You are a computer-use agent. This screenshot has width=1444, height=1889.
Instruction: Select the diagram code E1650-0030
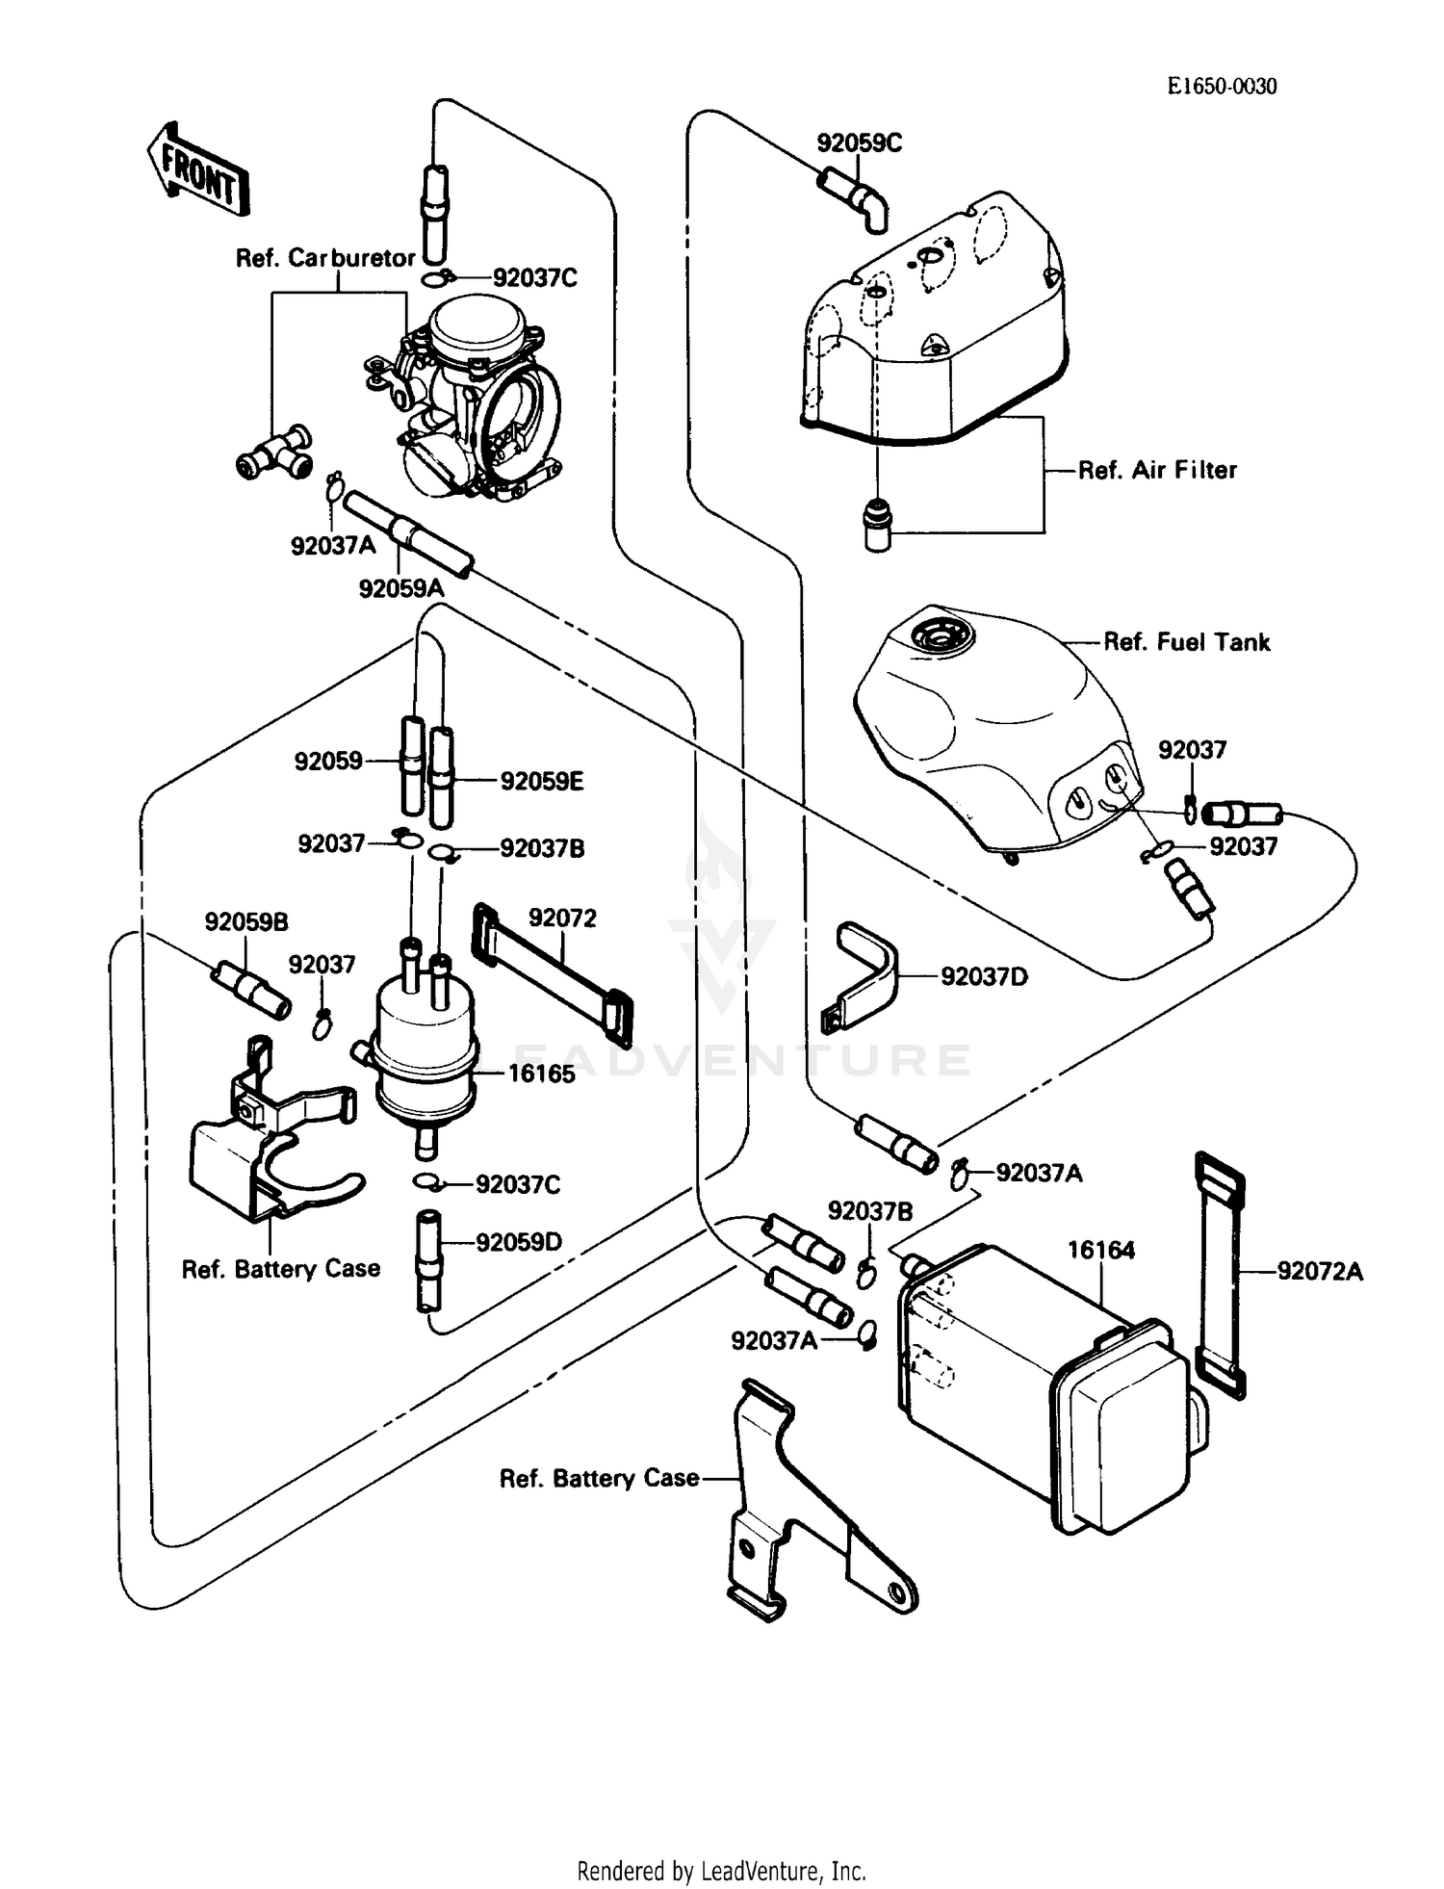pyautogui.click(x=1222, y=87)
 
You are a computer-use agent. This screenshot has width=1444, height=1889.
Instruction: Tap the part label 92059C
pyautogui.click(x=859, y=143)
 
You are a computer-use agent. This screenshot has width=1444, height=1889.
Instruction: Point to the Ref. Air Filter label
pyautogui.click(x=1156, y=470)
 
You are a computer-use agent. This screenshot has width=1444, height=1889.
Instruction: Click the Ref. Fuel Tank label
pyautogui.click(x=1186, y=642)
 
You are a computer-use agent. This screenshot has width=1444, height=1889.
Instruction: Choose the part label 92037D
pyautogui.click(x=984, y=976)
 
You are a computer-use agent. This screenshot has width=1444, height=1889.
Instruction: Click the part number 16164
pyautogui.click(x=1100, y=1250)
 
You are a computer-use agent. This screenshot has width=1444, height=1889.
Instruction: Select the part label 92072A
pyautogui.click(x=1320, y=1272)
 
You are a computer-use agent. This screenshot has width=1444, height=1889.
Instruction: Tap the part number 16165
pyautogui.click(x=540, y=1074)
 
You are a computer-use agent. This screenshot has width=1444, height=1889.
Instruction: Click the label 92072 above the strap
pyautogui.click(x=562, y=918)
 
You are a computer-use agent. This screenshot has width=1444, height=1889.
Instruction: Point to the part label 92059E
pyautogui.click(x=541, y=781)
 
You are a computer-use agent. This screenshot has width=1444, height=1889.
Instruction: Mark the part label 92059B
pyautogui.click(x=245, y=921)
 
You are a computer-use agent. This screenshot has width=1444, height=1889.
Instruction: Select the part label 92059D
pyautogui.click(x=518, y=1242)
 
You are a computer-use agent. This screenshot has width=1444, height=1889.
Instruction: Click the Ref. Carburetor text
pyautogui.click(x=325, y=258)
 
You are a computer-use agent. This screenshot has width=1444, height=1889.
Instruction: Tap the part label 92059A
pyautogui.click(x=400, y=587)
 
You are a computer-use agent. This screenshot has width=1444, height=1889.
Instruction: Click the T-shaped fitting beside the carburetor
pyautogui.click(x=274, y=453)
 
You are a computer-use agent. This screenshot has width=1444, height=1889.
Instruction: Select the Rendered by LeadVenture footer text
pyautogui.click(x=721, y=1871)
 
